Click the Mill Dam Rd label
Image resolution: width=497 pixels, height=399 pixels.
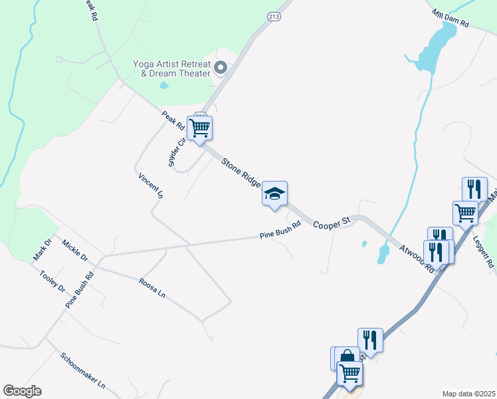point(450,18)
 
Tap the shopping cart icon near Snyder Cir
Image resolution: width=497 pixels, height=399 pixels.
point(199,128)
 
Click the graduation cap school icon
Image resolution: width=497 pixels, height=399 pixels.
point(274,194)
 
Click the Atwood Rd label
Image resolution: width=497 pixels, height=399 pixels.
point(417,259)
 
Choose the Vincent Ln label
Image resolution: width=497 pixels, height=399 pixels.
point(151,186)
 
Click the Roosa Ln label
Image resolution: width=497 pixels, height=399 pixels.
point(151,287)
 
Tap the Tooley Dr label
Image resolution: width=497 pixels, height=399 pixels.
point(52,281)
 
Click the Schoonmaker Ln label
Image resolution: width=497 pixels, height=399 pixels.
point(83,370)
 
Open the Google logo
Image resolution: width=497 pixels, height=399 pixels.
point(22,391)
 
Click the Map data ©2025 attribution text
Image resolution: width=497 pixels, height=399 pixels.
point(468,394)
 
